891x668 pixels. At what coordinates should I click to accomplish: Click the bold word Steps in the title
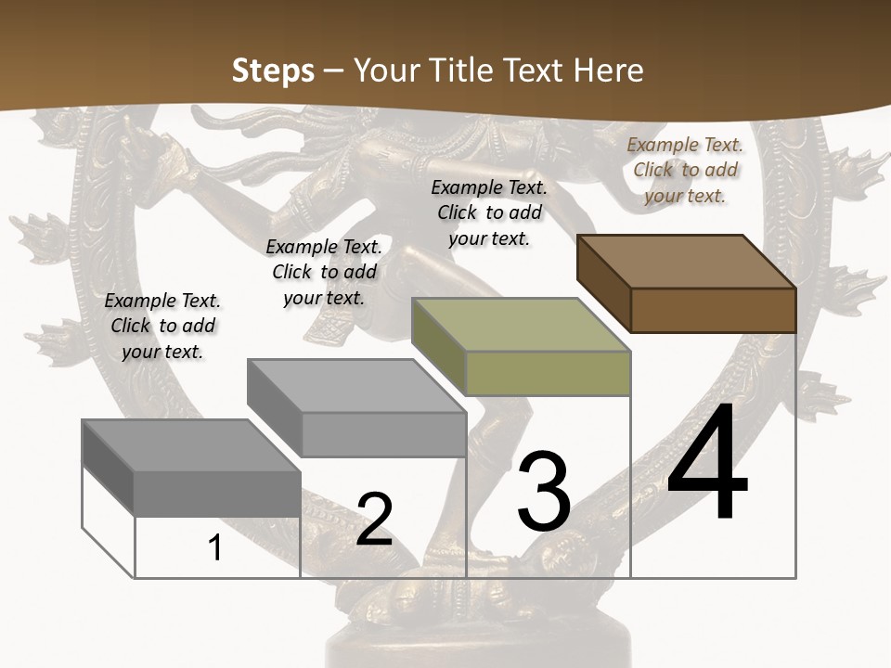273,71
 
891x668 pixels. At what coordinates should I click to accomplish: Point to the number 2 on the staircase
374,520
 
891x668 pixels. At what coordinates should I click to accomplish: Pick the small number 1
215,547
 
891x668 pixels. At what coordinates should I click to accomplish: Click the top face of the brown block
685,262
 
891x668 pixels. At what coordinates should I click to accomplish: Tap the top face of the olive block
520,325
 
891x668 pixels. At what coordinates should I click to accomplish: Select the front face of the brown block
713,310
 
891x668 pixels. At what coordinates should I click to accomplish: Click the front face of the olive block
548,373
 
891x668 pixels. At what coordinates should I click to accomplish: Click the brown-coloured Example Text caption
685,170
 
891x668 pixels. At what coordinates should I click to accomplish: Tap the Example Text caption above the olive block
489,212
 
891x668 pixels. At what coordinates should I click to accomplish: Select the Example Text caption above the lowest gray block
162,326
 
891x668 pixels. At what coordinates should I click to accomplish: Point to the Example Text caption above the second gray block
324,272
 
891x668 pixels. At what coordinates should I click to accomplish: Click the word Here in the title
610,71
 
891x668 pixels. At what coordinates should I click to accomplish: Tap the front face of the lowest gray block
217,494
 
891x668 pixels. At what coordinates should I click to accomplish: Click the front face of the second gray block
383,434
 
